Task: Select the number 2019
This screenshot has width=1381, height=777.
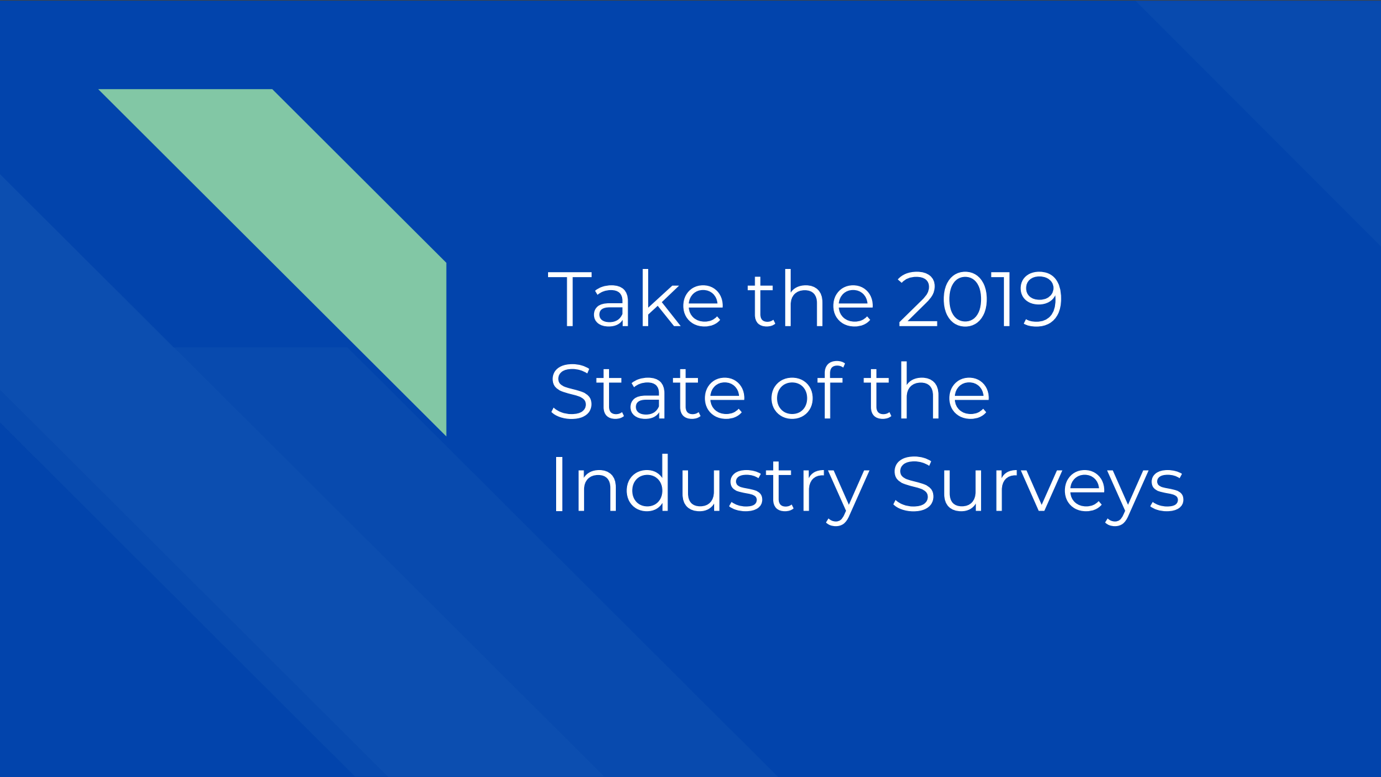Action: point(980,299)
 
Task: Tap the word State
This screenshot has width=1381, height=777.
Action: point(647,392)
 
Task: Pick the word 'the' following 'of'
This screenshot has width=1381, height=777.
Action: point(926,392)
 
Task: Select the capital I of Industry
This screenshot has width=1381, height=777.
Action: point(558,485)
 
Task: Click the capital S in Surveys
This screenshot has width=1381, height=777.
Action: point(915,485)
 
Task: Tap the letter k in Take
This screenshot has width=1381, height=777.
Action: point(659,299)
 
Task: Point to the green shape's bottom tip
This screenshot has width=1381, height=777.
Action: point(444,432)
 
